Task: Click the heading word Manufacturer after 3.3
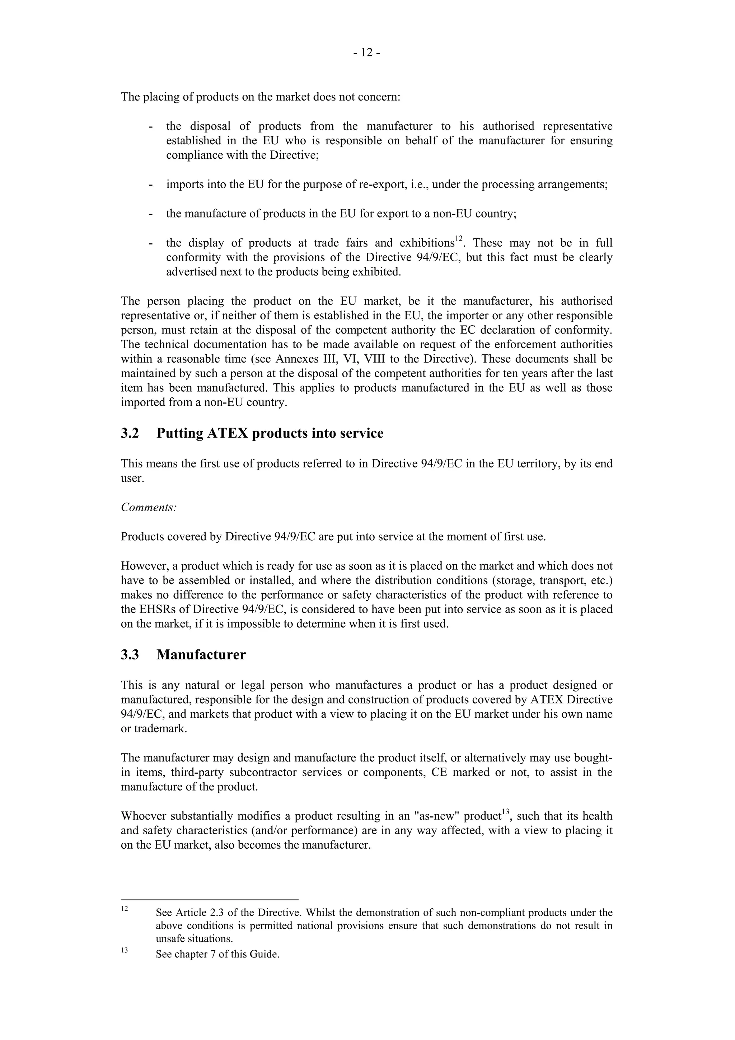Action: pyautogui.click(x=201, y=655)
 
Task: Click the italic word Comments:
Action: pyautogui.click(x=149, y=507)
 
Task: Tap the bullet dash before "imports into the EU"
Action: pyautogui.click(x=150, y=185)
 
